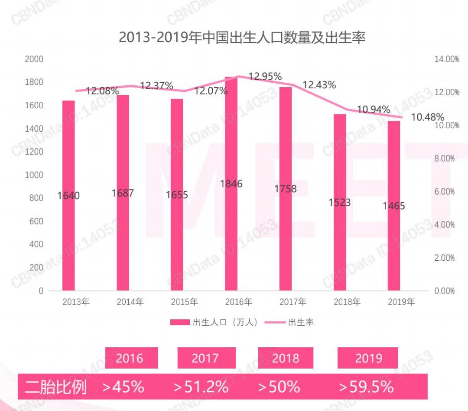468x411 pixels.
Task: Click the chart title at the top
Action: pos(242,37)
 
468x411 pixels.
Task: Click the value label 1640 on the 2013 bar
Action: pos(68,196)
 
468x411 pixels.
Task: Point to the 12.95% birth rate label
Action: pos(265,77)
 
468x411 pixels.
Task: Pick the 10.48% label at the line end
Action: pos(427,117)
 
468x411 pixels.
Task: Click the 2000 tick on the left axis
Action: pos(34,59)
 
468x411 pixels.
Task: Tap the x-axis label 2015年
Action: pos(184,302)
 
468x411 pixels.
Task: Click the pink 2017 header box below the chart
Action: pos(206,358)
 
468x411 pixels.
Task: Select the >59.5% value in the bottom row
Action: pos(366,386)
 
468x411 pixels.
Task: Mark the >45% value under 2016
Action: pos(123,386)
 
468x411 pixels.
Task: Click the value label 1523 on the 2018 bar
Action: pos(339,202)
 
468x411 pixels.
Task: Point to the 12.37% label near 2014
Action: pos(156,86)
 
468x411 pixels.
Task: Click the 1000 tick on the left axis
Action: pos(34,175)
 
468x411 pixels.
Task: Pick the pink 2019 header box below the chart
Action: pos(368,358)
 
